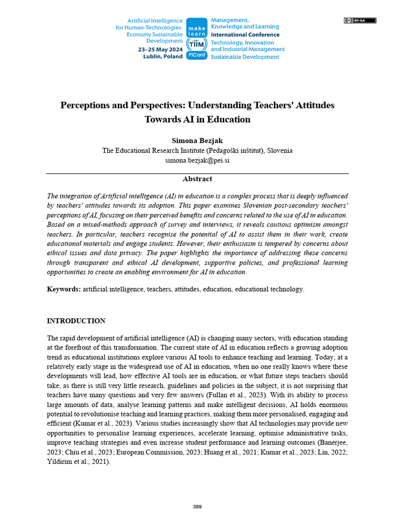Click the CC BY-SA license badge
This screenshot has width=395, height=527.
point(360,21)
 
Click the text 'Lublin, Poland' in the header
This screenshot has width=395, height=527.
point(163,57)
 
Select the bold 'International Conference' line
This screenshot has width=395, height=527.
point(245,35)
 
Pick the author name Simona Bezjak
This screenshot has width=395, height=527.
point(197,140)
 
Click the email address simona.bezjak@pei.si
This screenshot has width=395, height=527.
point(197,160)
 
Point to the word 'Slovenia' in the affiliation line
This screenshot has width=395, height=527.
point(278,150)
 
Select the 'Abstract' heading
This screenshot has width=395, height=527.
point(197,179)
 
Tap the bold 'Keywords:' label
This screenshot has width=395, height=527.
point(64,289)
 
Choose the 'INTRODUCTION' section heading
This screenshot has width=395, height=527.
point(76,321)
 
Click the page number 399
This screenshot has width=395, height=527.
point(197,507)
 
